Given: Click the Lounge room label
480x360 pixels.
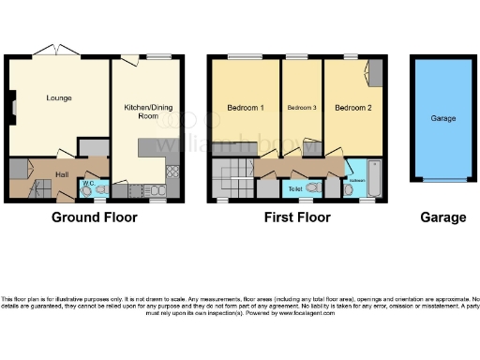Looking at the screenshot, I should click(60, 97).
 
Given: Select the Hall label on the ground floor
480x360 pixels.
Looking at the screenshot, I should click(62, 173).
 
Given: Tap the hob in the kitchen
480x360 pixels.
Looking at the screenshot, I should click(172, 172).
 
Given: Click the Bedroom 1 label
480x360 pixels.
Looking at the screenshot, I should click(246, 107).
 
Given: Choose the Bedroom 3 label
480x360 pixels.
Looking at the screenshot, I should click(302, 108).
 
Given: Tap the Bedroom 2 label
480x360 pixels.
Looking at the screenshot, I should click(352, 107).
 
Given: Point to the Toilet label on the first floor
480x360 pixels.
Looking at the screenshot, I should click(295, 188).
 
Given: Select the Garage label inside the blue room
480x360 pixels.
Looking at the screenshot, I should click(442, 120).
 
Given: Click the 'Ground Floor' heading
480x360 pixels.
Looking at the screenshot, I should click(94, 217).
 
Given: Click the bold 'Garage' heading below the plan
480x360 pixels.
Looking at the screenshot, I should click(442, 217).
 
